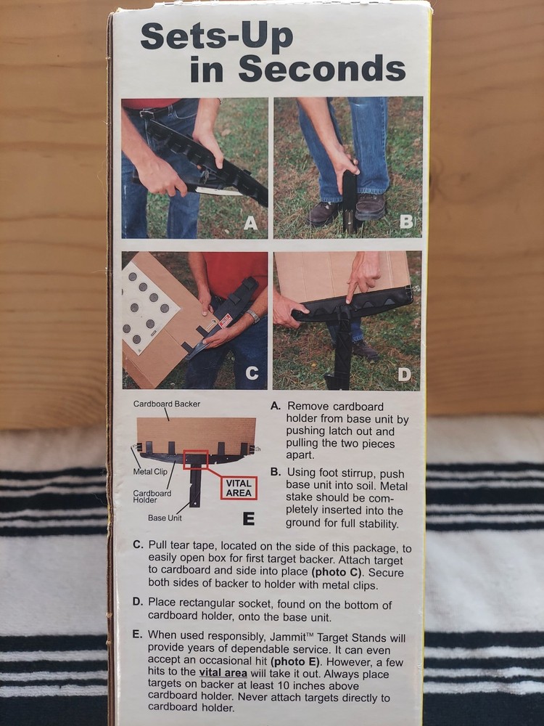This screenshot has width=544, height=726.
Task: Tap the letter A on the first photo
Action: coord(250,224)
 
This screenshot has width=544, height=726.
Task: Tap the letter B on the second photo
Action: coord(405,222)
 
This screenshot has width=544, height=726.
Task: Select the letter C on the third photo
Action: coord(252,373)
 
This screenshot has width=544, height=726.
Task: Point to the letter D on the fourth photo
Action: coord(405,375)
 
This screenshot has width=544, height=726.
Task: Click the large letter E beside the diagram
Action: coord(248,518)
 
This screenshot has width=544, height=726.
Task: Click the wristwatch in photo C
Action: coord(252,316)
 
